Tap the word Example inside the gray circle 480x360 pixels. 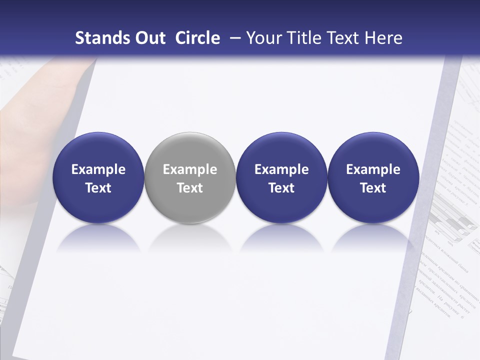click(190, 169)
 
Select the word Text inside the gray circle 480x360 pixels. click(190, 188)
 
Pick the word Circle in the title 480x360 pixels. click(197, 38)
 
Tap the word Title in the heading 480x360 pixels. click(304, 38)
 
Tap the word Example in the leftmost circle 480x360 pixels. click(98, 169)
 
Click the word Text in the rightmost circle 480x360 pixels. click(373, 188)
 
